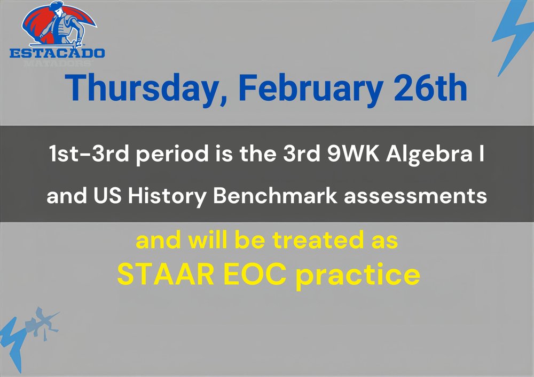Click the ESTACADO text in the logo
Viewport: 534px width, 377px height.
click(x=57, y=53)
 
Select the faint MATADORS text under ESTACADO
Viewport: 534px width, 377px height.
click(x=57, y=62)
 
